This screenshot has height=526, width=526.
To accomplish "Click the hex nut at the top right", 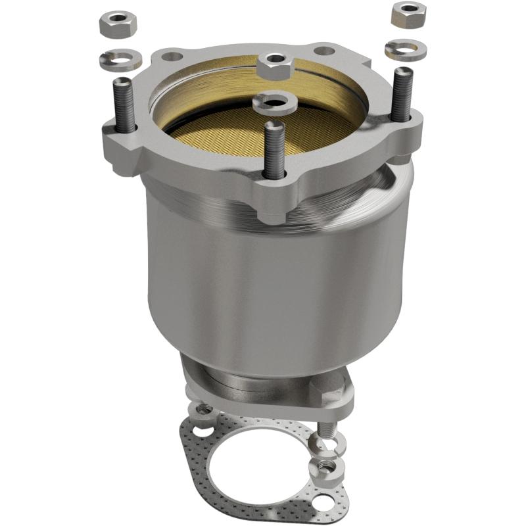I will click(408, 14).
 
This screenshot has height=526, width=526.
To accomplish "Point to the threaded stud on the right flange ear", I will click(402, 95).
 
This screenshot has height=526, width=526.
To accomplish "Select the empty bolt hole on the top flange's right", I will click(322, 51).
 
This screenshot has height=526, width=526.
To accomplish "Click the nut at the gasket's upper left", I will click(203, 410).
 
